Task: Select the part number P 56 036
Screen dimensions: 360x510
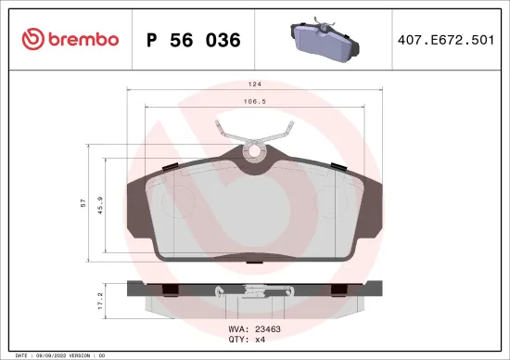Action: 194,40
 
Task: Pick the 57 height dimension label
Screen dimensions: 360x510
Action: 83,203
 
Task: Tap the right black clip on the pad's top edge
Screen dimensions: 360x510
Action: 338,166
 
